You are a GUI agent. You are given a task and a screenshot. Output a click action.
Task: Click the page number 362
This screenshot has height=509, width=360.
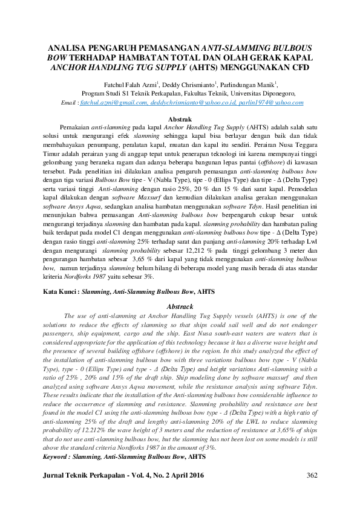pos(312,476)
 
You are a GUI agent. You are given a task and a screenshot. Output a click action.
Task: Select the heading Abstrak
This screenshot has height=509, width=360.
pos(180,120)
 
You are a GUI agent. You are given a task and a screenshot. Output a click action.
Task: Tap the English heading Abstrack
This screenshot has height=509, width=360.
pos(180,306)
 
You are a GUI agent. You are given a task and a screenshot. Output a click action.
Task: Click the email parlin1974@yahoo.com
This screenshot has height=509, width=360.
pos(267,103)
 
